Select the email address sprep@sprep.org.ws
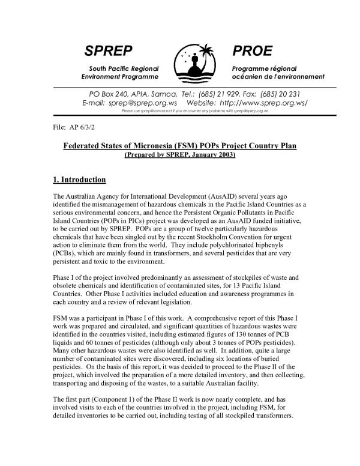pyautogui.click(x=126, y=103)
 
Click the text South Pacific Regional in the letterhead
pyautogui.click(x=124, y=68)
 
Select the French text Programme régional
pyautogui.click(x=262, y=68)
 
